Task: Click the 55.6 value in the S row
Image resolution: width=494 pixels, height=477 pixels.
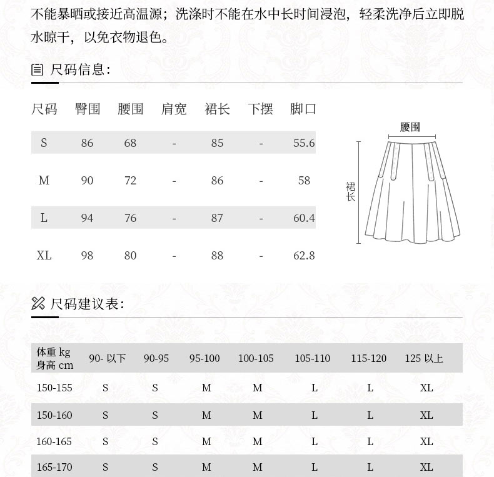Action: [304, 143]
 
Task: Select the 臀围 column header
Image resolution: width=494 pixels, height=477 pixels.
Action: [88, 109]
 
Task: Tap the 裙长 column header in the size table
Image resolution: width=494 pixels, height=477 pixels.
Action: [217, 109]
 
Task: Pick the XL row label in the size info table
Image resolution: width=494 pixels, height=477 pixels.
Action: [44, 256]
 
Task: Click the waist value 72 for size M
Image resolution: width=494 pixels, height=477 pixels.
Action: [130, 181]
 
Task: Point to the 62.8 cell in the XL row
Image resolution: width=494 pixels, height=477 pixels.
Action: [304, 256]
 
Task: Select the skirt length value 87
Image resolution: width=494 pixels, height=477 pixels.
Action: [217, 218]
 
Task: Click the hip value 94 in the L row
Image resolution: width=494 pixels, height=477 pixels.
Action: [87, 218]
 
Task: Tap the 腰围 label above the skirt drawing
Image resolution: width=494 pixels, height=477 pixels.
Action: [410, 127]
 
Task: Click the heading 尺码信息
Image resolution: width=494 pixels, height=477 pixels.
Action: [80, 69]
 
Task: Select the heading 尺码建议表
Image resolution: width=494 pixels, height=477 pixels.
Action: [87, 304]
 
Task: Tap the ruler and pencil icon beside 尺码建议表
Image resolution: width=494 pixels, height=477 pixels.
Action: [38, 304]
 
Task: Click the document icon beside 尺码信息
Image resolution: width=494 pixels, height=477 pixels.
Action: [38, 69]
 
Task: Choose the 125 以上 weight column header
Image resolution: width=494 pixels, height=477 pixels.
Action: [424, 358]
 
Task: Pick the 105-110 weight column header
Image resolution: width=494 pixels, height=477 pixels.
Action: [312, 358]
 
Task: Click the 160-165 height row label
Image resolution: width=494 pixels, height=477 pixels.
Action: [54, 441]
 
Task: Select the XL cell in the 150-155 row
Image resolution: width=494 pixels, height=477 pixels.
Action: [426, 388]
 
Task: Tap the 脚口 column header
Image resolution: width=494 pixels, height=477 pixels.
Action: [303, 109]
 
